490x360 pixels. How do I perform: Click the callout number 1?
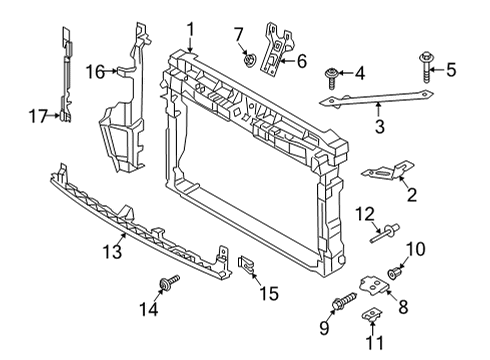(x=190, y=30)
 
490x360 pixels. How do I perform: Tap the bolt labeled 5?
(x=426, y=67)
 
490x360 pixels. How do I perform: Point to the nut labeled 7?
(x=249, y=60)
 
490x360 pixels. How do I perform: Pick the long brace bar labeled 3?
(x=376, y=99)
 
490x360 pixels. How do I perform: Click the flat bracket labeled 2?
(x=388, y=170)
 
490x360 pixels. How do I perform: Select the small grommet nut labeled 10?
(x=395, y=273)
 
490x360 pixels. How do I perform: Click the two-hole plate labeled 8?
(x=374, y=286)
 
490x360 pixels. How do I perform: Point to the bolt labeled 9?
(x=345, y=300)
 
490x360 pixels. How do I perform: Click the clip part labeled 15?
(x=246, y=264)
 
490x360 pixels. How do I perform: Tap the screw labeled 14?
(x=169, y=282)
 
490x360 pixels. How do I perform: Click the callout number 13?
(x=112, y=251)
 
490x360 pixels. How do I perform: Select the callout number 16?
(x=95, y=72)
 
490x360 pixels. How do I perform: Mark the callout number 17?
(x=38, y=116)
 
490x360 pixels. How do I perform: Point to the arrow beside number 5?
(x=437, y=70)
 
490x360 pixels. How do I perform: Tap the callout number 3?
(x=380, y=127)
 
